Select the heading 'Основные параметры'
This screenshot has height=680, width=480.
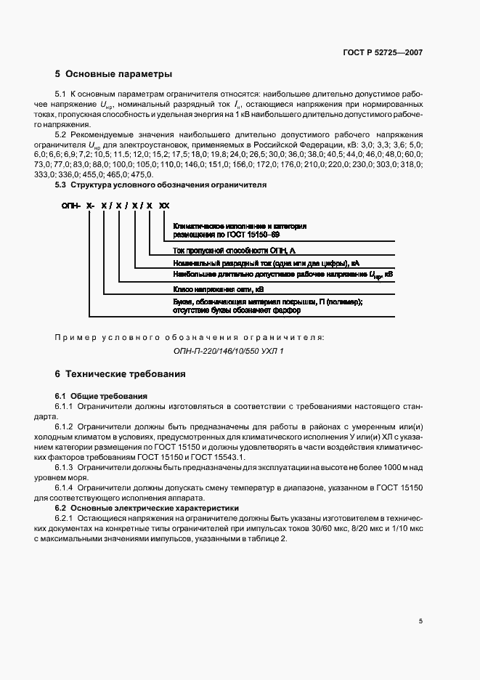click(119, 74)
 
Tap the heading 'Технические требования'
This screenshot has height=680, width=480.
click(126, 374)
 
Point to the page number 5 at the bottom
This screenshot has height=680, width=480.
click(420, 621)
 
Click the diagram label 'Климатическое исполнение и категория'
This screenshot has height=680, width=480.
click(240, 226)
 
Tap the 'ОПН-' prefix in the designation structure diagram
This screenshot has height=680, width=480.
click(71, 206)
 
